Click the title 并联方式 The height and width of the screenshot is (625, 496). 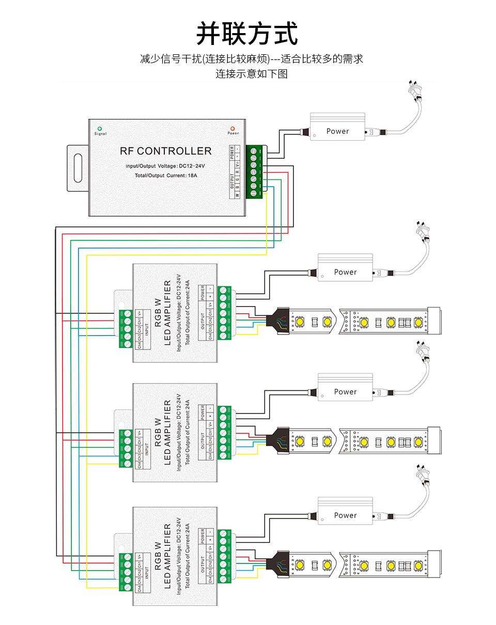(247, 34)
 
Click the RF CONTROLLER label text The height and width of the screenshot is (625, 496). (165, 151)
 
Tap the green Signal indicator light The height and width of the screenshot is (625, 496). (100, 128)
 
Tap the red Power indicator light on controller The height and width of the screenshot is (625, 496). (233, 128)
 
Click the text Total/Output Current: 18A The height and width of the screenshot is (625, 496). (166, 176)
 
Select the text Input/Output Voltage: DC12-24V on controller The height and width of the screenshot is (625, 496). (165, 166)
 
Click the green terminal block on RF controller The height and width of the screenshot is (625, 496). (254, 172)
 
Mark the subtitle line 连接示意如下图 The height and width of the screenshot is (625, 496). (251, 73)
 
